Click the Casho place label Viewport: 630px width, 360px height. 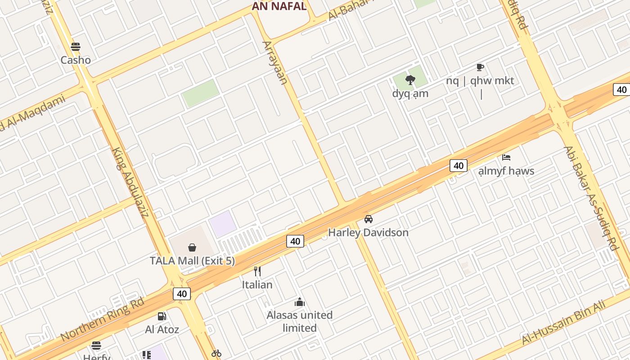point(76,60)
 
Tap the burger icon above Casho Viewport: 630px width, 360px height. point(76,47)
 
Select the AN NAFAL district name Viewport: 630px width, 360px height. point(279,6)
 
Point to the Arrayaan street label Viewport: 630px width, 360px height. point(275,63)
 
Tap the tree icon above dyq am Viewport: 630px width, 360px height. point(410,81)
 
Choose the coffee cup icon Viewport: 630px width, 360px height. point(480,67)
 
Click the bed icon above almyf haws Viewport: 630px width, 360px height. point(506,157)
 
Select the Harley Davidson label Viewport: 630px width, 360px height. point(368,233)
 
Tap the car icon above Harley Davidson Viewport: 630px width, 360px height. point(369,219)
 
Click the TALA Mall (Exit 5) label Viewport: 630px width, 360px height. point(192,261)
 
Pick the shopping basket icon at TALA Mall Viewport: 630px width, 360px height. point(192,247)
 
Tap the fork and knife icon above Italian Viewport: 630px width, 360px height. point(257,271)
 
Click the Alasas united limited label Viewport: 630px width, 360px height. point(300,321)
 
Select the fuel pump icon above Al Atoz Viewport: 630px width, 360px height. point(162,316)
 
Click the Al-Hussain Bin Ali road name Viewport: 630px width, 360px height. point(563,324)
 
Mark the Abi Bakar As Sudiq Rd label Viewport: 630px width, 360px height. point(590,198)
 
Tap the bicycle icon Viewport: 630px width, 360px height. point(216,353)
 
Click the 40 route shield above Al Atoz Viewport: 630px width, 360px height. point(182,294)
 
